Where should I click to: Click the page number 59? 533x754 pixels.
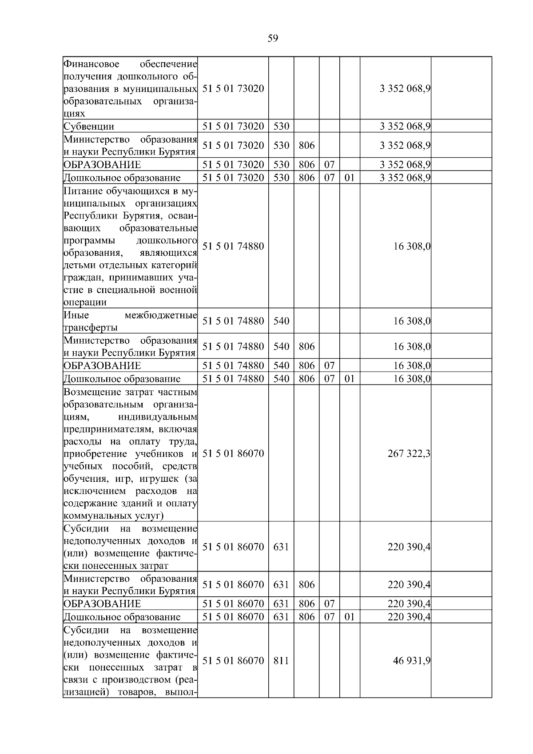(x=273, y=39)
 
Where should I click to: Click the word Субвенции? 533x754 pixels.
(x=89, y=126)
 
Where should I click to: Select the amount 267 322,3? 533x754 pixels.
(x=409, y=453)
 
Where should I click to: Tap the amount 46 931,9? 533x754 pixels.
(x=411, y=661)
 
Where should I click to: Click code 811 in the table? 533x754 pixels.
(x=281, y=661)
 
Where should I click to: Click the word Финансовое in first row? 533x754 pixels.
(x=91, y=64)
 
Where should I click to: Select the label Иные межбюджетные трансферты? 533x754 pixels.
(x=130, y=321)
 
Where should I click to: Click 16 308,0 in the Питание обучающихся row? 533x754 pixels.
(x=411, y=246)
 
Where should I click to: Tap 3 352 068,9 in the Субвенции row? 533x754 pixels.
(x=405, y=126)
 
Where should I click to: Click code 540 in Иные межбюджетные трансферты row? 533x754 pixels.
(x=281, y=321)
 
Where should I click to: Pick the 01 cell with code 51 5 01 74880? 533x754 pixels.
(x=350, y=379)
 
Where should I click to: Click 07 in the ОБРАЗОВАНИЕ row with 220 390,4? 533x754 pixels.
(x=329, y=604)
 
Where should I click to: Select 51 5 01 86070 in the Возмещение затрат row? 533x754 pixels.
(x=233, y=453)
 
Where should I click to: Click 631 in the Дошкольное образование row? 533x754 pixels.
(x=281, y=617)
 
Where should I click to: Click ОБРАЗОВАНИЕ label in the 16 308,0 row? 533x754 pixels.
(x=102, y=366)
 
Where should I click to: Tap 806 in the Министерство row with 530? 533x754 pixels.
(x=306, y=145)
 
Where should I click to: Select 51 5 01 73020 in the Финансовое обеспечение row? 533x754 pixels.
(x=233, y=88)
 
